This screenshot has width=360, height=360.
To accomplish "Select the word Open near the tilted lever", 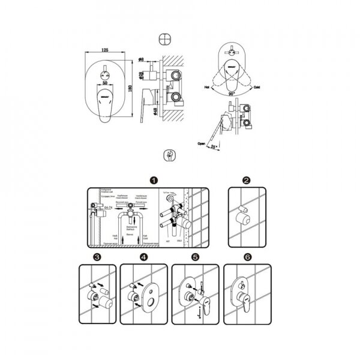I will click(x=202, y=143).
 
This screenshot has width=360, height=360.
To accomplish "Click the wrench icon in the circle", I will click(x=170, y=155).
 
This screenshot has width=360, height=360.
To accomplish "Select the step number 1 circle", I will click(x=154, y=179).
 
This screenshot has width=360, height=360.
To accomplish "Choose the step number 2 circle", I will click(x=246, y=179).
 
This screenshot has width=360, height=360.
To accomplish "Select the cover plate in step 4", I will click(x=148, y=294).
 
